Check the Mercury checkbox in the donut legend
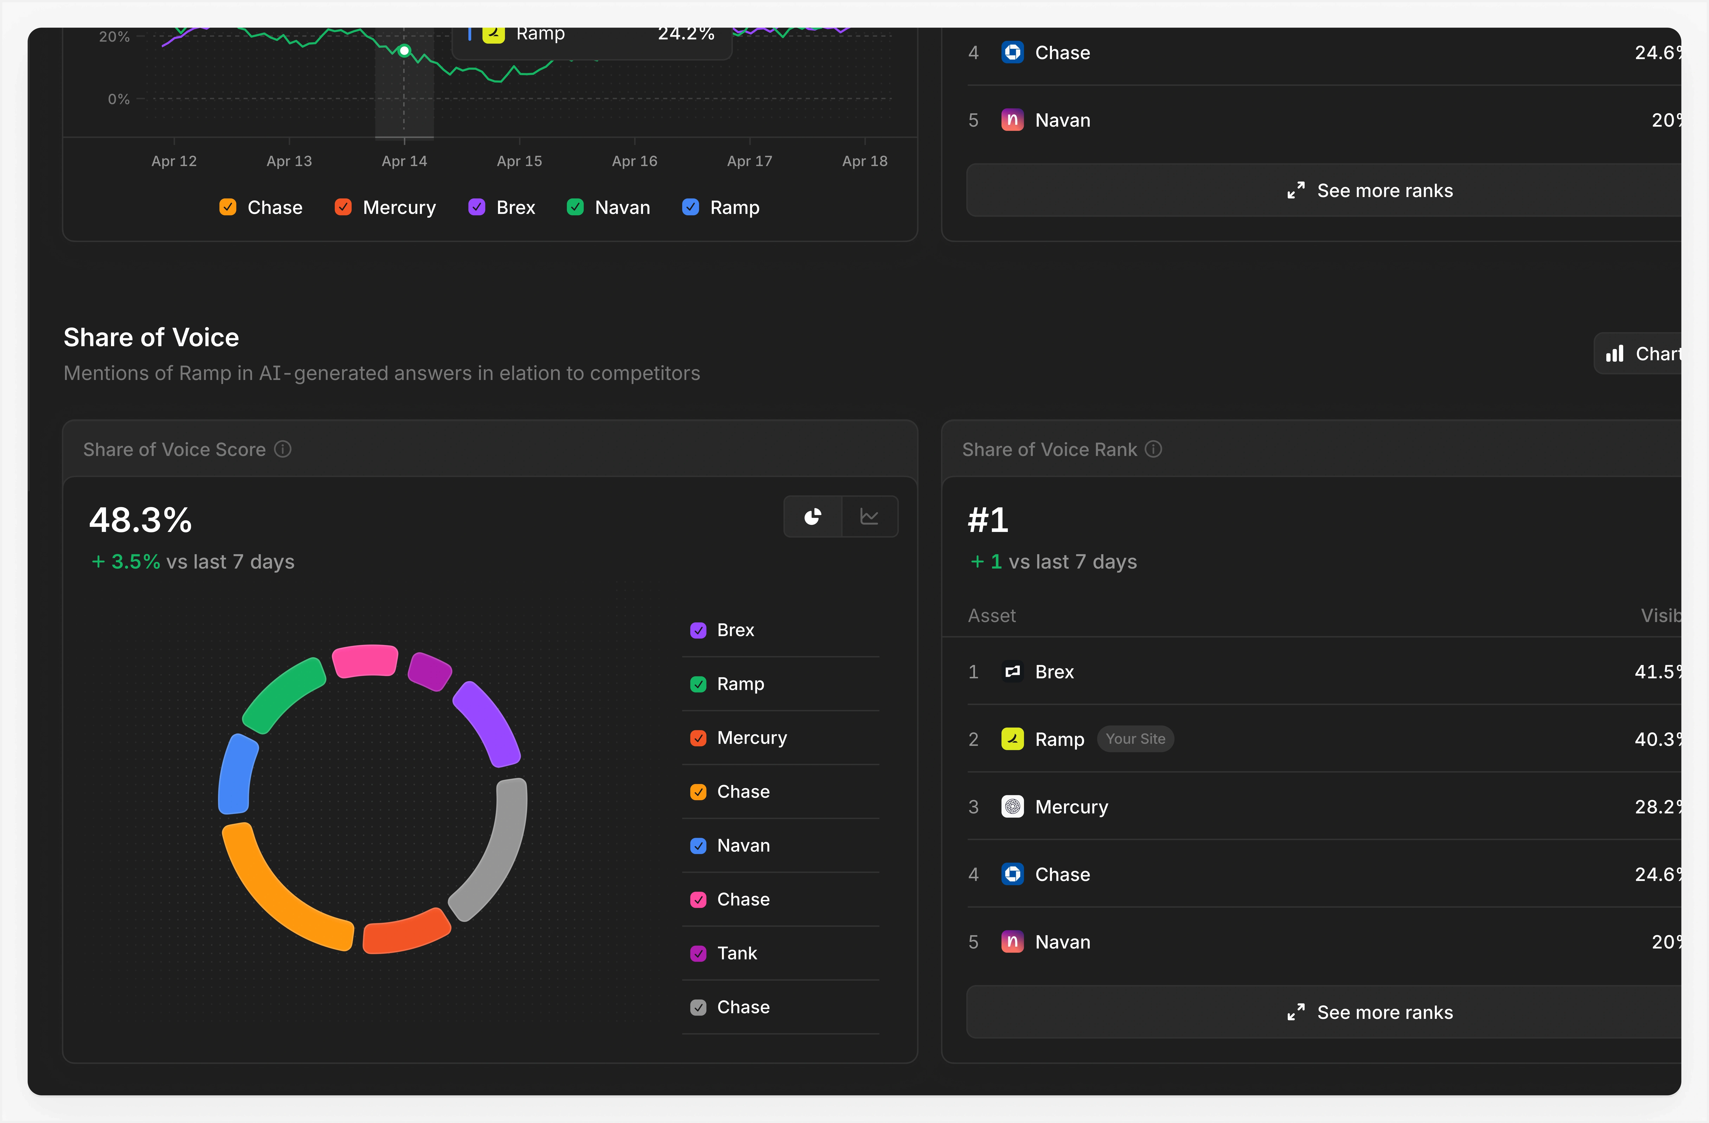click(x=698, y=738)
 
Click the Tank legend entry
click(x=737, y=953)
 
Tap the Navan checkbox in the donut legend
click(x=698, y=846)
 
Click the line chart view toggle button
click(x=869, y=517)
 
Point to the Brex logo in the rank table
click(x=1012, y=672)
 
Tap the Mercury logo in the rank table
click(x=1012, y=807)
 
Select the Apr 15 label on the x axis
click(x=519, y=161)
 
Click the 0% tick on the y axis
click(x=119, y=99)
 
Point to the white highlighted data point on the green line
click(x=404, y=50)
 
